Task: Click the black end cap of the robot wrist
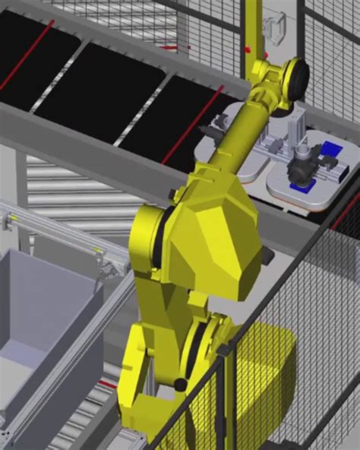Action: coord(298,75)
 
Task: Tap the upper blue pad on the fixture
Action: coord(330,149)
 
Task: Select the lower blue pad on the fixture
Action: coord(298,187)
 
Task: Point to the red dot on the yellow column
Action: coord(248,50)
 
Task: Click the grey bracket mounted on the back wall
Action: coord(274,26)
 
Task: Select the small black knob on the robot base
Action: coord(180,384)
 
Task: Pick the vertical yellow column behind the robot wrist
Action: coord(254,30)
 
